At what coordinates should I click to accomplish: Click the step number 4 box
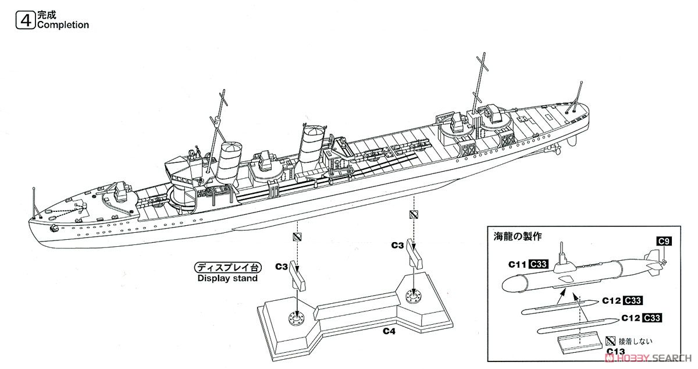coord(26,20)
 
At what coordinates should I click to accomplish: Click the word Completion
coord(63,24)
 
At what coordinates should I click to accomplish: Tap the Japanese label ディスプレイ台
coord(228,267)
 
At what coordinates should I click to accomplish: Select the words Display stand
coord(227,278)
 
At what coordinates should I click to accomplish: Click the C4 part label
coord(389,331)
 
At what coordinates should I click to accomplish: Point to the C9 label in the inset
coord(664,242)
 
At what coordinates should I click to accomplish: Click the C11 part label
coord(518,264)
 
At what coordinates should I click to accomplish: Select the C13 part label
coord(616,352)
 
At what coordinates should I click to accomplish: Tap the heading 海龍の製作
coord(518,236)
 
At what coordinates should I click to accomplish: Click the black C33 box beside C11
coord(539,264)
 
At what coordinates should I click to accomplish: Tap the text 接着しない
coord(635,341)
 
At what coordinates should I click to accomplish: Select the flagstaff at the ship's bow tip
coord(34,203)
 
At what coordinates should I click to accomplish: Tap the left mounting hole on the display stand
coord(296,318)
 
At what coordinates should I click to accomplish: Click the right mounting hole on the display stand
coord(414,296)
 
